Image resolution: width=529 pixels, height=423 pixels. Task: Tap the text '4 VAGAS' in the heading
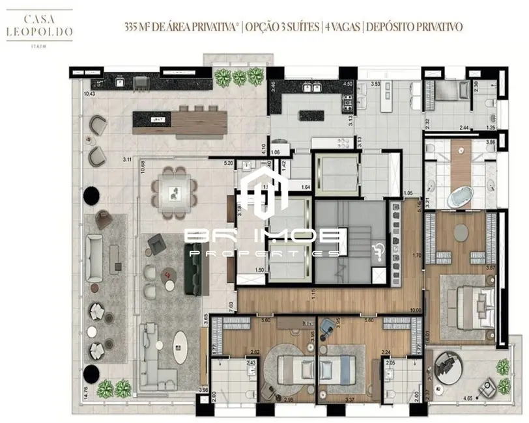pyautogui.click(x=341, y=27)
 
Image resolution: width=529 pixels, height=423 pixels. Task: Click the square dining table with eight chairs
pyautogui.click(x=173, y=192)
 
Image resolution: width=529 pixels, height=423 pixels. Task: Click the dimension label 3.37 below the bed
pyautogui.click(x=332, y=400)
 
